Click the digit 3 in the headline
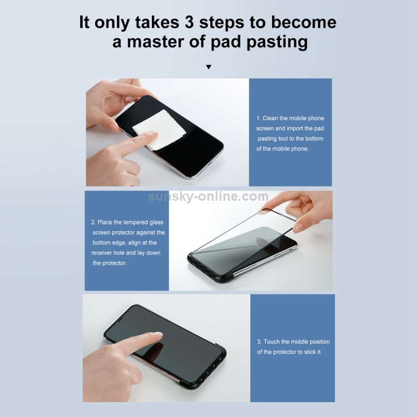point(189,22)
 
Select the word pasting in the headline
point(277,43)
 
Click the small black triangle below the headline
point(209,67)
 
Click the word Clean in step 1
point(270,118)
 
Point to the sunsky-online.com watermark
point(209,196)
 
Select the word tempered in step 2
point(136,222)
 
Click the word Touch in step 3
point(271,342)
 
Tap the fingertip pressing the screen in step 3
point(156,336)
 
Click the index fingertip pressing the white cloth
point(152,137)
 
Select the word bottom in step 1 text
point(315,139)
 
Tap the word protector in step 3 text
point(285,352)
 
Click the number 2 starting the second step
point(93,222)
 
